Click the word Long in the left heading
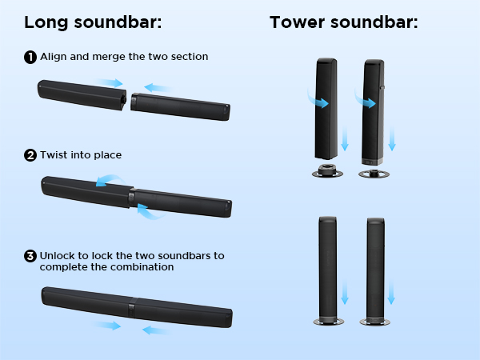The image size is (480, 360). (x=46, y=23)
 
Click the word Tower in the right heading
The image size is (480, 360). (x=297, y=22)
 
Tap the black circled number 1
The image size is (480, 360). (x=30, y=58)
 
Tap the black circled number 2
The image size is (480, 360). (x=30, y=155)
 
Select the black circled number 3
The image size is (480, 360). (x=30, y=256)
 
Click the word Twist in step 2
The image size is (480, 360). (x=54, y=155)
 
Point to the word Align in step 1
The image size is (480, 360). (x=54, y=57)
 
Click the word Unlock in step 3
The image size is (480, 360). (x=58, y=256)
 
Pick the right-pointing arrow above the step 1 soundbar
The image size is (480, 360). (x=110, y=82)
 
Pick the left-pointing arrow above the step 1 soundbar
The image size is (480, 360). (x=158, y=88)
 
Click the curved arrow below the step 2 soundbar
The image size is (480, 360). (x=150, y=213)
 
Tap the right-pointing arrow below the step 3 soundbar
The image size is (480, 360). (x=107, y=326)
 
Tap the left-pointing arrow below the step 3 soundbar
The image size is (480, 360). (x=156, y=330)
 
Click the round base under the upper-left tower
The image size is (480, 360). (x=327, y=171)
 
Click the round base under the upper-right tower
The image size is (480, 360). (x=374, y=174)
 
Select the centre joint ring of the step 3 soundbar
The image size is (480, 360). (x=132, y=307)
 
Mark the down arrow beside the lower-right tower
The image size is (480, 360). (x=391, y=292)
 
